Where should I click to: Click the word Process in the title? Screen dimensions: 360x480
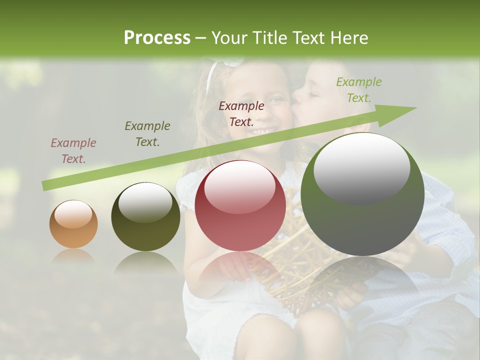click(x=157, y=38)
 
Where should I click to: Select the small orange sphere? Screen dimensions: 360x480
click(x=73, y=224)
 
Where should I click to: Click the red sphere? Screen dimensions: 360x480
click(x=240, y=206)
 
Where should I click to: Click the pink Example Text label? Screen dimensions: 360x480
click(x=73, y=151)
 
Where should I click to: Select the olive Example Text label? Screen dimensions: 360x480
click(x=147, y=134)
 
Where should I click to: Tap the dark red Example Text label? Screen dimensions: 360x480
click(x=241, y=113)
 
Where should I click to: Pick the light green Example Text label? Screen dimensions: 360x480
click(x=359, y=90)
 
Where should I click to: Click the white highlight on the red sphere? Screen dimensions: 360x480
click(x=240, y=186)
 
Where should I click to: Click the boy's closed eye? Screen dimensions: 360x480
click(x=312, y=92)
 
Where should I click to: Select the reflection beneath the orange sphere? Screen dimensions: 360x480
click(x=73, y=257)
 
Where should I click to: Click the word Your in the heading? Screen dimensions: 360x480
click(x=230, y=38)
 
